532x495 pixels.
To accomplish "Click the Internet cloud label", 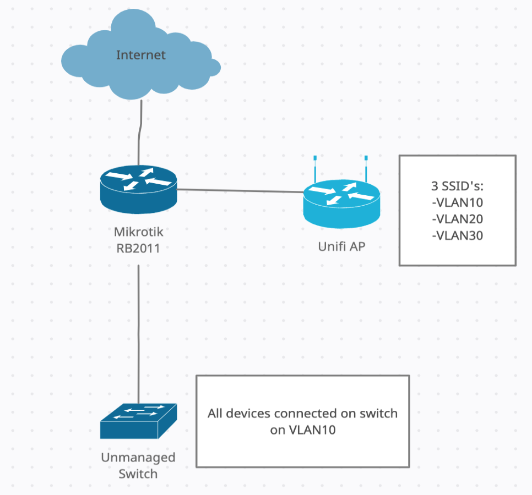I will point(140,55).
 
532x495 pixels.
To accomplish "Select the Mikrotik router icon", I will point(139,188).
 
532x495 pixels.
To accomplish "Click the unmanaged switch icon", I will point(139,421).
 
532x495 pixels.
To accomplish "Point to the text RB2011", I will point(138,248).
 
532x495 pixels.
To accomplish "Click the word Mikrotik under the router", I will point(138,232).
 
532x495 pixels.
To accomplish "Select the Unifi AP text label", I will point(341,246).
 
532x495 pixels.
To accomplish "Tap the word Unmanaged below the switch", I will point(138,458).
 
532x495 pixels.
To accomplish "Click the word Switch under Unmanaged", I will point(138,474).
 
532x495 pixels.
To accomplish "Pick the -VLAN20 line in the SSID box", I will point(458,219).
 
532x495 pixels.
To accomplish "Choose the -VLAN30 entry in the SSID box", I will point(458,236).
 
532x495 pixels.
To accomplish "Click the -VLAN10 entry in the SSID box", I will point(458,202).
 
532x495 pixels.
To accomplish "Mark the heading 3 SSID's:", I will point(458,185).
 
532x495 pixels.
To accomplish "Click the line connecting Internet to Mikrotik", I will point(142,132).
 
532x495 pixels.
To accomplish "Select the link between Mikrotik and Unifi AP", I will point(240,190).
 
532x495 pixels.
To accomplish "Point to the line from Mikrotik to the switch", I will point(138,330).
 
